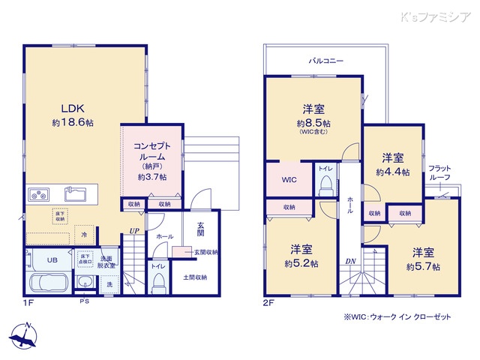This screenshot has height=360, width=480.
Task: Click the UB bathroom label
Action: [52, 259]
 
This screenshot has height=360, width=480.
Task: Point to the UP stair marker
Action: [133, 231]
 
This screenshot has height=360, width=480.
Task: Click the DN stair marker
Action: [350, 260]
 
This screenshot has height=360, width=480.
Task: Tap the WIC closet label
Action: [290, 181]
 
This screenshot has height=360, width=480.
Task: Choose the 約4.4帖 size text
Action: [393, 172]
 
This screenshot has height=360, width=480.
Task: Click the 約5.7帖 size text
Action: [423, 266]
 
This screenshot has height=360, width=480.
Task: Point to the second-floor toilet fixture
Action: [325, 187]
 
